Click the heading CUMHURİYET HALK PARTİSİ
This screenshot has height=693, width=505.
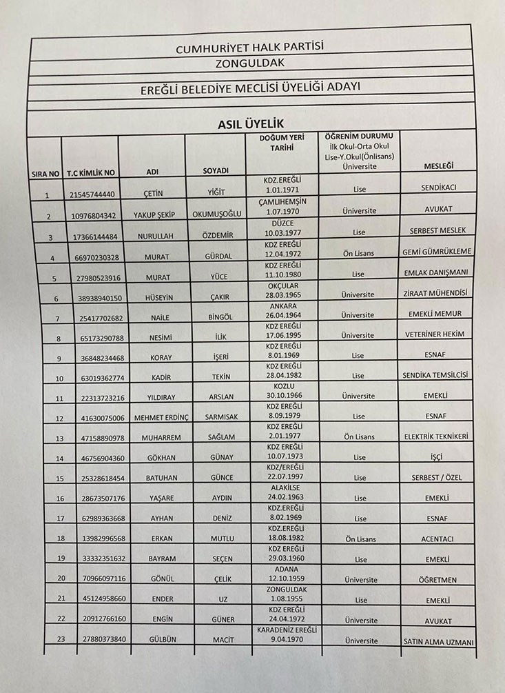click(x=250, y=48)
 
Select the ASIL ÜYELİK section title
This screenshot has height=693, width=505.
click(x=251, y=123)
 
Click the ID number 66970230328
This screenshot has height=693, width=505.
click(x=94, y=257)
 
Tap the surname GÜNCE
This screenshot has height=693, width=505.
click(x=222, y=478)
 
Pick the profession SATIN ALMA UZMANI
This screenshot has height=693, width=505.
click(x=438, y=642)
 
